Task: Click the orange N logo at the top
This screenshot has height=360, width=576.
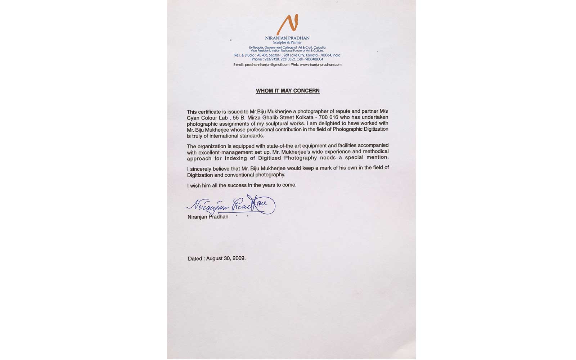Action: (288, 24)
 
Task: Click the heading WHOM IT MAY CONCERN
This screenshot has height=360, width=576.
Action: (288, 91)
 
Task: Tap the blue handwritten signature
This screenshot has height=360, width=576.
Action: (231, 206)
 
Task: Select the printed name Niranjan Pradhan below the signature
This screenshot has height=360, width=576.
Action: (208, 217)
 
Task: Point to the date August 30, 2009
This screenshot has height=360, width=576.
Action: (226, 258)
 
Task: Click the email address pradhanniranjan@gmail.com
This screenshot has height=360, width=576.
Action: (267, 65)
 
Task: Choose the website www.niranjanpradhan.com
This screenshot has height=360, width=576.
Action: (320, 65)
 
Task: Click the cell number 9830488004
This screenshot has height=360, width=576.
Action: (315, 59)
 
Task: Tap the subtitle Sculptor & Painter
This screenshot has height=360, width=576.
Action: (287, 42)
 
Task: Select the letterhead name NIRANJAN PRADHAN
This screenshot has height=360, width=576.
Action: (287, 38)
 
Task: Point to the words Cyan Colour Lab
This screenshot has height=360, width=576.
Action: (208, 118)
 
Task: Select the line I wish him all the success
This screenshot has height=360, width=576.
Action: (242, 185)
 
